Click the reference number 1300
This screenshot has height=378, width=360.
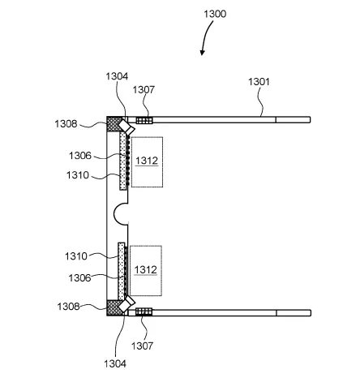pyautogui.click(x=215, y=14)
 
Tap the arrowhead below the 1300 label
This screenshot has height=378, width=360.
pyautogui.click(x=202, y=53)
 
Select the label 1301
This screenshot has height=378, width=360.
pyautogui.click(x=259, y=82)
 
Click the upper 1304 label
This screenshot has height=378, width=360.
pyautogui.click(x=117, y=76)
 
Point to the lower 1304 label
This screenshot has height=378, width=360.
pyautogui.click(x=115, y=363)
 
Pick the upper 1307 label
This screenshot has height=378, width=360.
pyautogui.click(x=144, y=89)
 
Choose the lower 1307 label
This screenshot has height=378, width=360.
pyautogui.click(x=142, y=346)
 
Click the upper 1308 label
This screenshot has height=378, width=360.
pyautogui.click(x=66, y=124)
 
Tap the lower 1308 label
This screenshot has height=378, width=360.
pyautogui.click(x=68, y=307)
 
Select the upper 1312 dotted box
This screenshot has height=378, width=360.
pyautogui.click(x=147, y=162)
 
